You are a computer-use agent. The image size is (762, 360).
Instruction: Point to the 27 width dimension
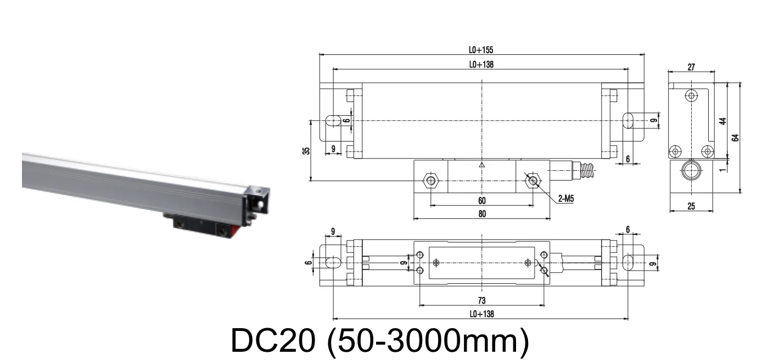point(691,67)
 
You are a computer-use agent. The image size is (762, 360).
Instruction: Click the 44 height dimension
point(723,121)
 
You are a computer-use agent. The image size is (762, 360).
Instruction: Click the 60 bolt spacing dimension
point(481,201)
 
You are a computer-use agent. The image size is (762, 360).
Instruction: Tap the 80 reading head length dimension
point(481,213)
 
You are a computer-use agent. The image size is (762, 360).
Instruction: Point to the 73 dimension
point(481,301)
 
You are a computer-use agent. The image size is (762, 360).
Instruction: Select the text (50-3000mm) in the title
point(428,341)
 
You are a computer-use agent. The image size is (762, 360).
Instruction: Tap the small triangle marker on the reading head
point(481,164)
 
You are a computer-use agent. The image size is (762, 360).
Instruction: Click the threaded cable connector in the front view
point(588,171)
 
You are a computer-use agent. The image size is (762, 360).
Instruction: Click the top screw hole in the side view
point(691,95)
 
